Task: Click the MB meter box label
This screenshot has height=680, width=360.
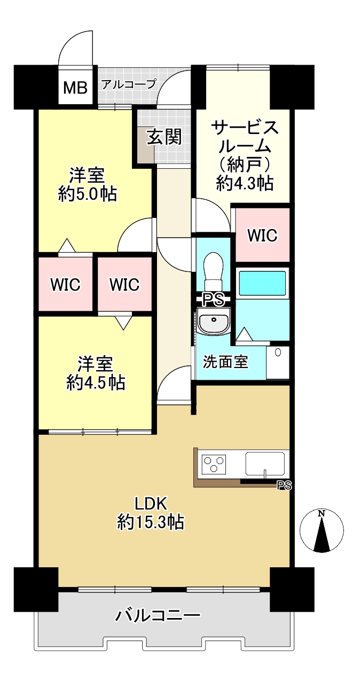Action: point(75,88)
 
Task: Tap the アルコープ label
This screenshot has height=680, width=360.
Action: point(129,83)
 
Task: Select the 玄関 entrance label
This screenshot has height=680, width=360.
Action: point(165,137)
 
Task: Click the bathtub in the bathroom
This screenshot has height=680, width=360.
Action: point(263,283)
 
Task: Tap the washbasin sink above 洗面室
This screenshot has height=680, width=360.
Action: point(214,321)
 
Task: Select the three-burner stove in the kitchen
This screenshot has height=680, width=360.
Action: point(214,464)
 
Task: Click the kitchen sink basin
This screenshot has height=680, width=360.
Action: point(265,463)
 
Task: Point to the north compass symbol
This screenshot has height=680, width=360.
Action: point(322,530)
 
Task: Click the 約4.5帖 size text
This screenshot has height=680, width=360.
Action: point(96,382)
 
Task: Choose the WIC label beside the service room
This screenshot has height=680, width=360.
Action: point(262,235)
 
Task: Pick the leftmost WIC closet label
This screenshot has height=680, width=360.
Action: point(65,285)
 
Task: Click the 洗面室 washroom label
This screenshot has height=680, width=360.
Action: point(225,362)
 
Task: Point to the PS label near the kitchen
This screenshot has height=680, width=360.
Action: point(284,486)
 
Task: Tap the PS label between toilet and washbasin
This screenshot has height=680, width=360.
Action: point(213,300)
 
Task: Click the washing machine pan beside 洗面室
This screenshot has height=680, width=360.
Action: point(277,363)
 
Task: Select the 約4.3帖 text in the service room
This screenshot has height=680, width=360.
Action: point(245,183)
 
